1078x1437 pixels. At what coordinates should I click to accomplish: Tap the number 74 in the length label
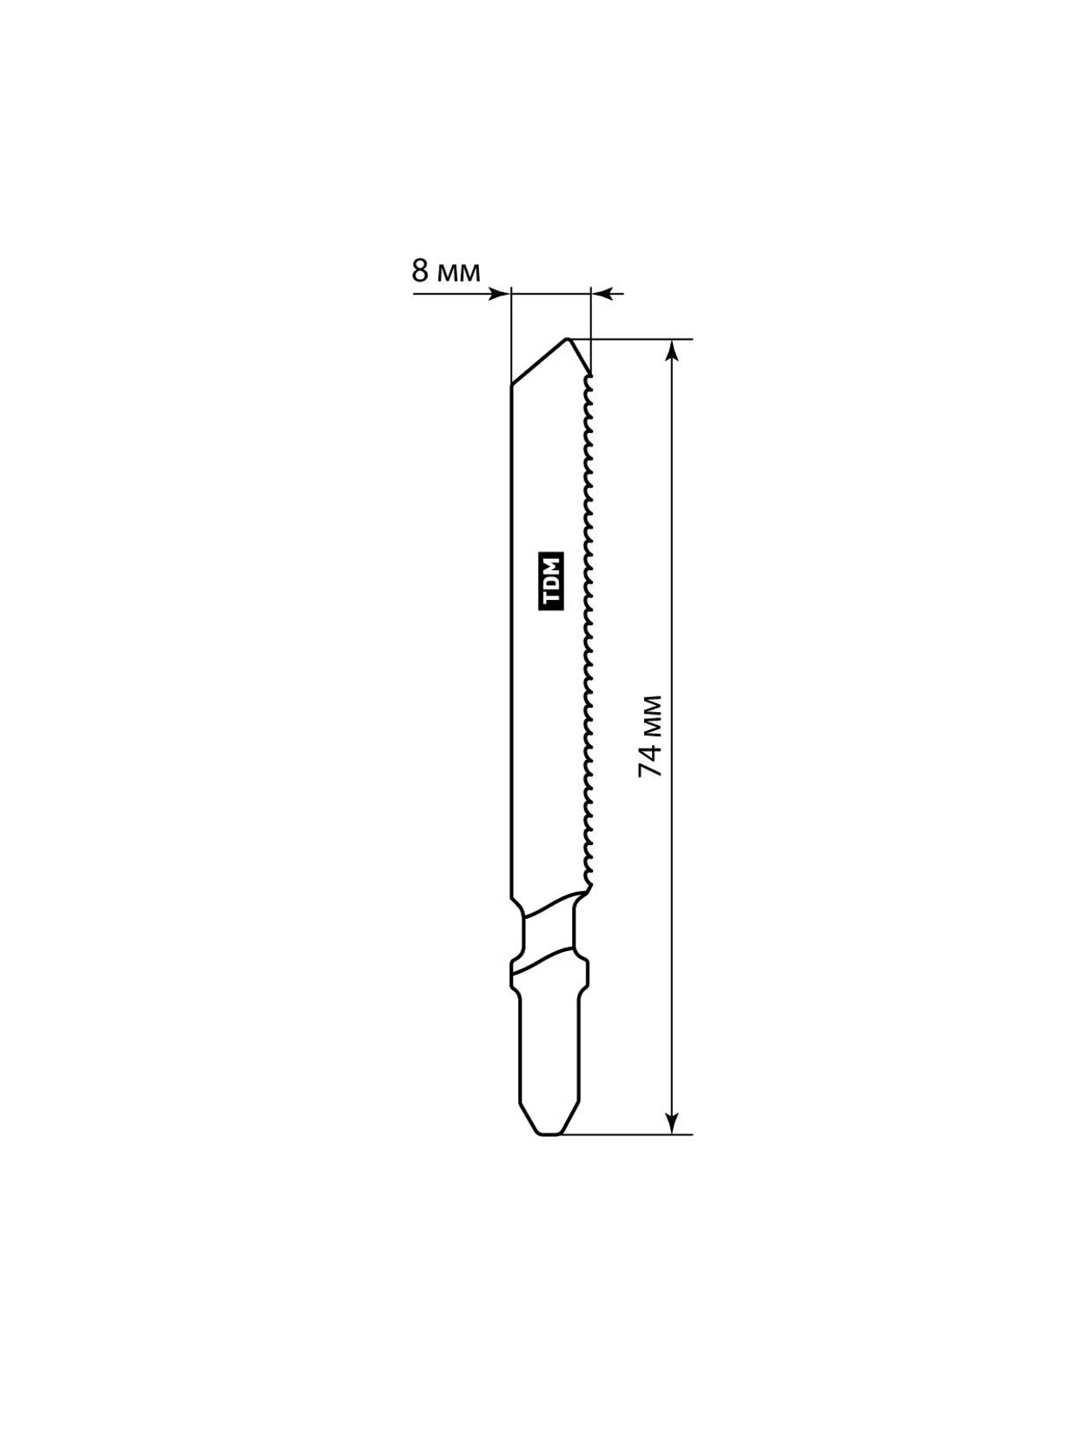click(650, 760)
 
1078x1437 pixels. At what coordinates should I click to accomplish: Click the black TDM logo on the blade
click(550, 582)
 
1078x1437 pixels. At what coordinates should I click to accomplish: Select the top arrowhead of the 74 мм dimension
click(672, 350)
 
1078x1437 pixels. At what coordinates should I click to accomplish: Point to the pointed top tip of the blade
click(568, 339)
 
